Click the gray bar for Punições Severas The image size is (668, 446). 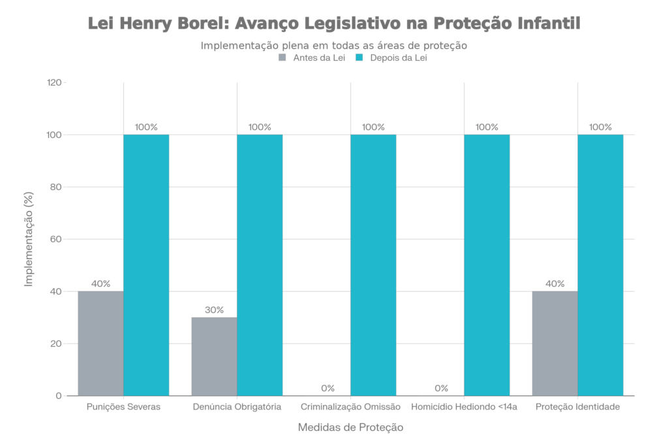pos(100,343)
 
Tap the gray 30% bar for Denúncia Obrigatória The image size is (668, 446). pos(214,356)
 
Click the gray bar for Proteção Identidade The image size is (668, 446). pos(554,343)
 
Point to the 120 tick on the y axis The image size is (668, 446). pos(55,83)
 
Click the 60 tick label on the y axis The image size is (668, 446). pos(55,240)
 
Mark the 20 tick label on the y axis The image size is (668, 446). pos(55,343)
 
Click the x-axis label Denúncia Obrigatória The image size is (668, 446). pos(237,407)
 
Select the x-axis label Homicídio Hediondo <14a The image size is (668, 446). pos(464,407)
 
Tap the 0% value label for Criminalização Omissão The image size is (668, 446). pos(328,388)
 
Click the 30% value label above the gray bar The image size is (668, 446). pos(214,310)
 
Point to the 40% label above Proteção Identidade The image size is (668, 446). pos(554,283)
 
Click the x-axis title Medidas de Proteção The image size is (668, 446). pos(350,428)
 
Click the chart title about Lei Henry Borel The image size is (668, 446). pos(333,24)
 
